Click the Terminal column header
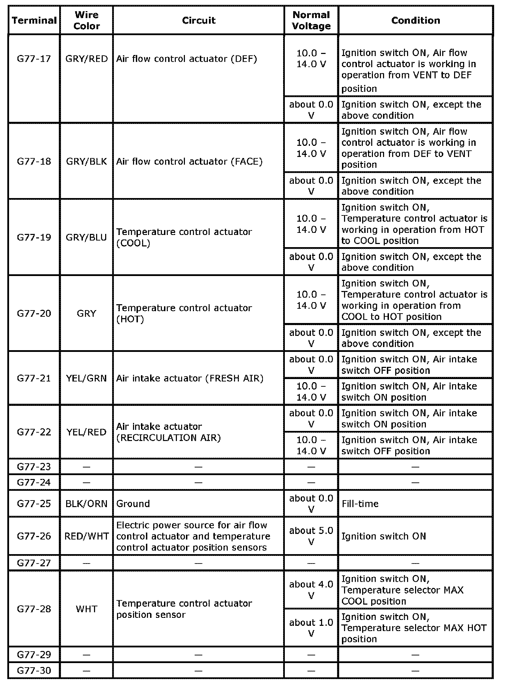(x=34, y=21)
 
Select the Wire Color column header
(x=87, y=21)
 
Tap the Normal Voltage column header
(x=311, y=21)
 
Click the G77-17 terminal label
(x=34, y=58)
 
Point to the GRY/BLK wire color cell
(x=87, y=162)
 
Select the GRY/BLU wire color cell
(x=87, y=237)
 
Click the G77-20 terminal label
(x=34, y=314)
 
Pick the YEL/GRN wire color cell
(x=87, y=378)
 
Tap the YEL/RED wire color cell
(x=87, y=432)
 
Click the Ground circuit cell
(x=133, y=504)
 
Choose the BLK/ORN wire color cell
(x=87, y=504)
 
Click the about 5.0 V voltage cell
(x=311, y=536)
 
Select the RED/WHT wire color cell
(x=87, y=536)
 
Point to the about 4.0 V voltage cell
(x=311, y=590)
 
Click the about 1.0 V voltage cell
(x=311, y=628)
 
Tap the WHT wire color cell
(x=87, y=609)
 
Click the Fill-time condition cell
(x=360, y=504)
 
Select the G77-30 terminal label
(x=34, y=671)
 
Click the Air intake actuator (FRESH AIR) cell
(x=190, y=378)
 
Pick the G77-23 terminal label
(x=34, y=467)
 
